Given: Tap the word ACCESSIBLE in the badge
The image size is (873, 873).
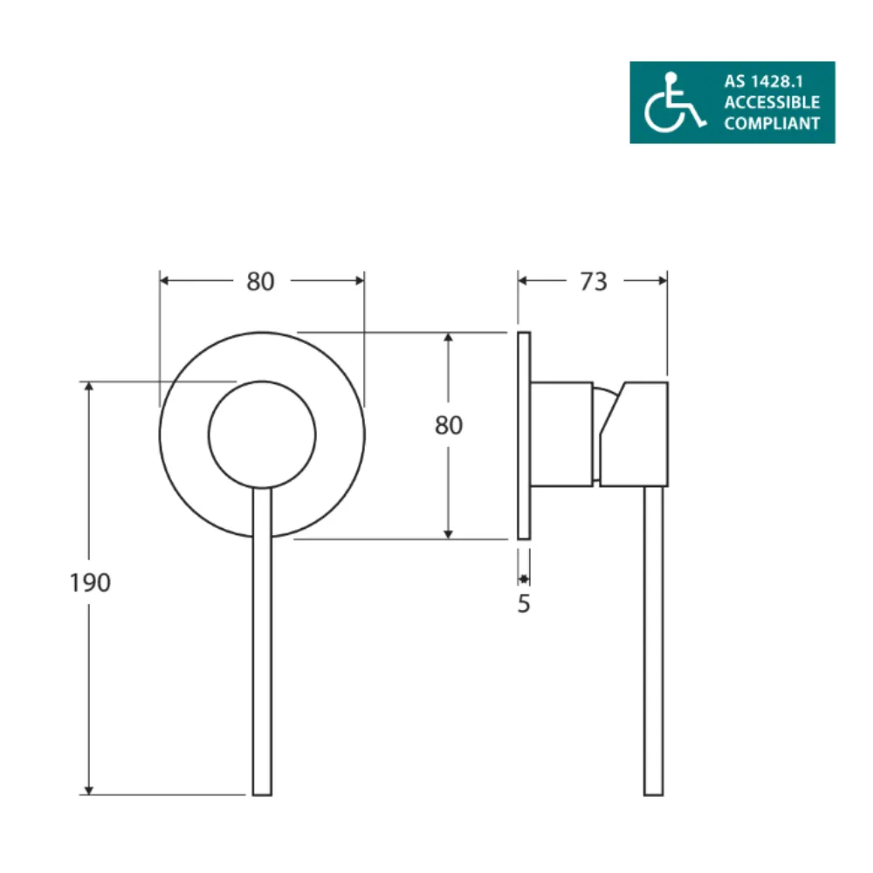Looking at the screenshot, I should [772, 103].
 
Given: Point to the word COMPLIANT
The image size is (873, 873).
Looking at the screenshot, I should [772, 123].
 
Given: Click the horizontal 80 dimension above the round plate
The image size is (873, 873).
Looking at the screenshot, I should [260, 281].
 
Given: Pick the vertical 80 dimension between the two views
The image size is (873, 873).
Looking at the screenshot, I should [448, 425].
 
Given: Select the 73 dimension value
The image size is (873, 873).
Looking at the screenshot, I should [593, 281].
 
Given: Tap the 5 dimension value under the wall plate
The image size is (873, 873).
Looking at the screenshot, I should [524, 603].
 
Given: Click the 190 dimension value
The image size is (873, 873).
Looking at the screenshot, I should [90, 582].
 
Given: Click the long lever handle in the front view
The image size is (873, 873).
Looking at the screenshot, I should [262, 646].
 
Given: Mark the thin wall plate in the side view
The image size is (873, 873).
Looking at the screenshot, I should [524, 435].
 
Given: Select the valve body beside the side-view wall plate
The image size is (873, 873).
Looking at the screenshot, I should [563, 433].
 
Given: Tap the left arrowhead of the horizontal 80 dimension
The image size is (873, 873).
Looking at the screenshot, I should [165, 280].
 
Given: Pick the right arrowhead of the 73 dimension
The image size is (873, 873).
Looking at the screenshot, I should [663, 280].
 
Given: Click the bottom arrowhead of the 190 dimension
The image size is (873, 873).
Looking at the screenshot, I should [88, 789].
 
